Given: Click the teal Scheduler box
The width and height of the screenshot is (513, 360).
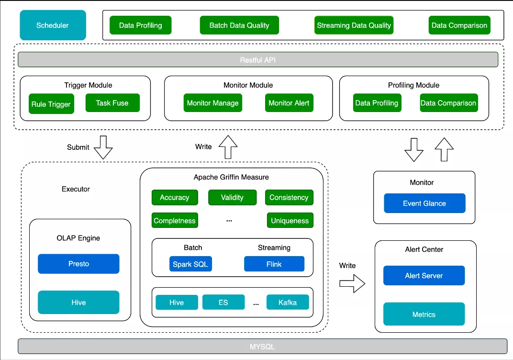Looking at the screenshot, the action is [x=53, y=25].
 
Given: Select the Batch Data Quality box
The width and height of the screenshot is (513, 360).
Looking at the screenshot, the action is [x=239, y=25].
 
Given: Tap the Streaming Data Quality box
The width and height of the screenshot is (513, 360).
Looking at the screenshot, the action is [x=354, y=25].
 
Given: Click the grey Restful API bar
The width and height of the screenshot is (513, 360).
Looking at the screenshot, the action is [x=258, y=59].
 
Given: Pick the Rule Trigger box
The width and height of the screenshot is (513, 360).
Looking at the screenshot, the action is [x=51, y=104].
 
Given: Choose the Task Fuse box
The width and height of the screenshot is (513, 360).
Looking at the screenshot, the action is [x=112, y=103].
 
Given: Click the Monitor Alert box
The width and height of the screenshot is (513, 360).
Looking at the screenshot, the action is [x=289, y=103].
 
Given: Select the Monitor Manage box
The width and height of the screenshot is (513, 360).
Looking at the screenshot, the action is [x=212, y=103].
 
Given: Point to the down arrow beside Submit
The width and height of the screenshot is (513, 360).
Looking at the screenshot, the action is [x=103, y=147].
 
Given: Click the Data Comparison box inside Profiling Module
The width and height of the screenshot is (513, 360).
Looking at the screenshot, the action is [x=448, y=103].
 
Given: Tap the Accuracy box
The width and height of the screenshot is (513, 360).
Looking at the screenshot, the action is [x=175, y=197].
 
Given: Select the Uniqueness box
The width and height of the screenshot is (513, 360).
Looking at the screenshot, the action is [x=290, y=220].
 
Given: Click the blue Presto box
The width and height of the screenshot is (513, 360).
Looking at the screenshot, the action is [x=78, y=264].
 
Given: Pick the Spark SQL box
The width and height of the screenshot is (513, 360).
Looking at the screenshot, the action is [x=190, y=264].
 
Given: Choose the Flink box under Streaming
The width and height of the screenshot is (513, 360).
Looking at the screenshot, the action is [x=274, y=264].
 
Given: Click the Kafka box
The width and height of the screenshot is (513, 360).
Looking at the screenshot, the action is [x=288, y=302].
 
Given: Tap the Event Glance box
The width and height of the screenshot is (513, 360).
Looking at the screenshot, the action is [x=424, y=203].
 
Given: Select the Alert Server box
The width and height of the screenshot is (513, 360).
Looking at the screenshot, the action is [x=424, y=276].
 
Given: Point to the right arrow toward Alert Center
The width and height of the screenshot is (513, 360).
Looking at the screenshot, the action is [x=352, y=283].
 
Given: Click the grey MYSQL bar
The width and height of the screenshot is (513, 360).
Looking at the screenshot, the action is [x=262, y=346].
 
